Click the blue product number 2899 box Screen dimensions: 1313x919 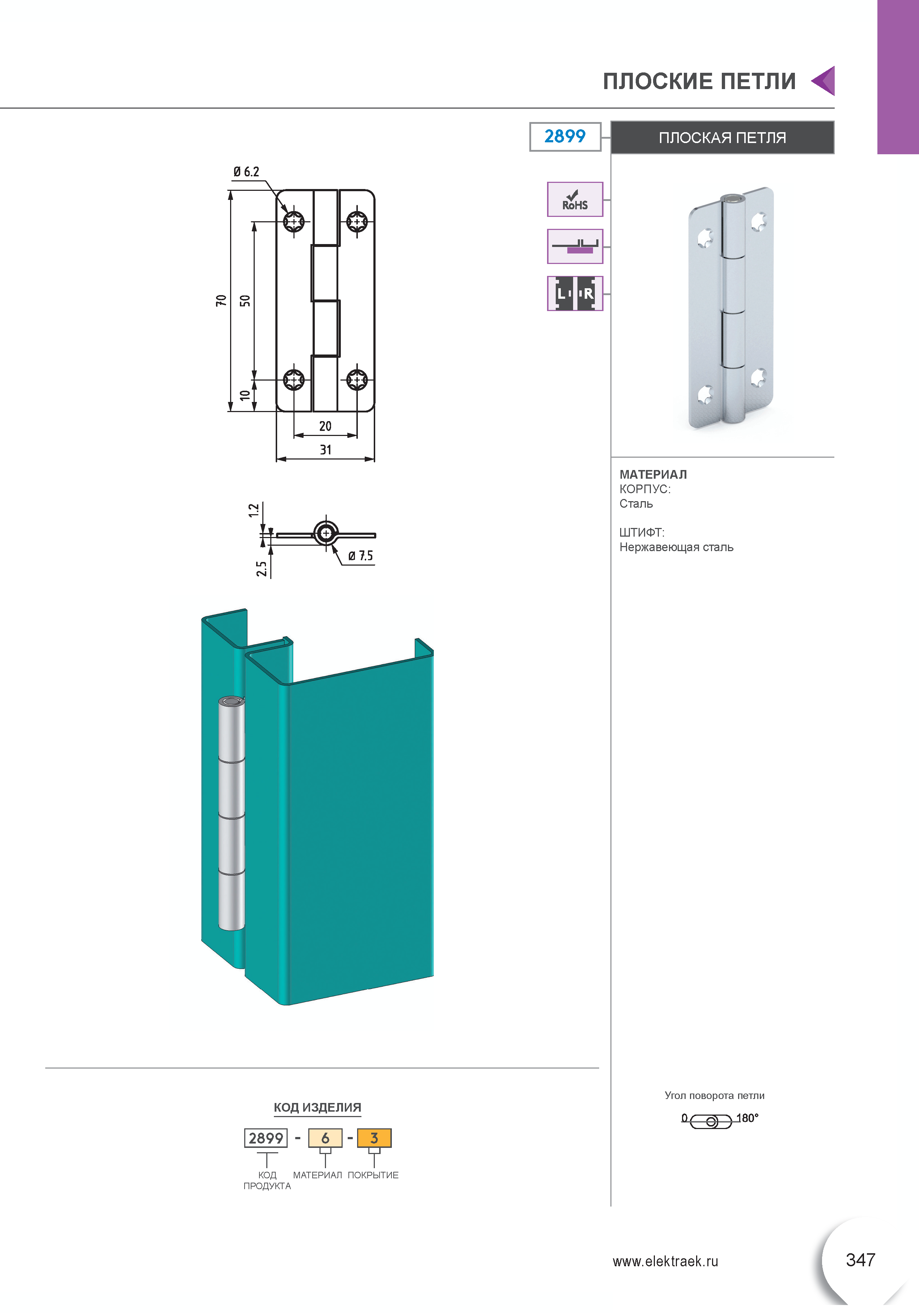click(x=565, y=137)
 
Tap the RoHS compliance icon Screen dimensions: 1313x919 click(x=575, y=200)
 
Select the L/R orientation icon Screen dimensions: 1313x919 click(x=575, y=293)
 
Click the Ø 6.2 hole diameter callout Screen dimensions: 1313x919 click(x=246, y=172)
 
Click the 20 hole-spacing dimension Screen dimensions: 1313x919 click(x=325, y=426)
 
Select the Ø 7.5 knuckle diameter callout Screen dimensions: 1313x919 click(x=361, y=556)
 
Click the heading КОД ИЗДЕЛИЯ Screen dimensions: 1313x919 click(x=317, y=1107)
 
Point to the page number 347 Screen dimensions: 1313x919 click(x=860, y=1259)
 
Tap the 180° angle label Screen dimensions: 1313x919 click(x=747, y=1118)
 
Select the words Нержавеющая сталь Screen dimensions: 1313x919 click(x=676, y=547)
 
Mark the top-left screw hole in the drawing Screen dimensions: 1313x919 click(x=294, y=221)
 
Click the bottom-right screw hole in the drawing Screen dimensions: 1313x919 click(x=357, y=378)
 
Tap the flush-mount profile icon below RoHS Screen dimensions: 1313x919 click(x=575, y=247)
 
